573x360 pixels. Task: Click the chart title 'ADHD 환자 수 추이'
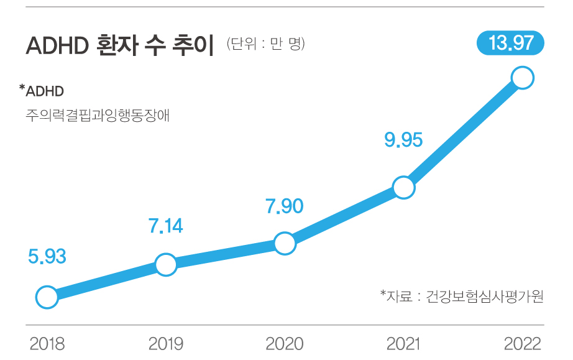pyautogui.click(x=120, y=47)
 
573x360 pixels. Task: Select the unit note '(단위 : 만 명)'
pyautogui.click(x=265, y=44)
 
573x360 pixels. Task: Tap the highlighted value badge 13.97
pyautogui.click(x=510, y=44)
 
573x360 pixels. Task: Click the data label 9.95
pyautogui.click(x=403, y=140)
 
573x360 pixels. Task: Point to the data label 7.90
pyautogui.click(x=284, y=206)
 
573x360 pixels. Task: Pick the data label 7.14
pyautogui.click(x=165, y=226)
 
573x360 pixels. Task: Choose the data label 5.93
pyautogui.click(x=47, y=256)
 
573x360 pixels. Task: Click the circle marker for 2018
pyautogui.click(x=47, y=297)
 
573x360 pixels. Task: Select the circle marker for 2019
pyautogui.click(x=165, y=264)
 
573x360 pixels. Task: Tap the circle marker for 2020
pyautogui.click(x=284, y=244)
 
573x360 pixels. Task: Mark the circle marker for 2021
pyautogui.click(x=403, y=187)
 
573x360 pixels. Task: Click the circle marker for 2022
pyautogui.click(x=522, y=78)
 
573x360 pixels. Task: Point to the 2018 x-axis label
pyautogui.click(x=47, y=344)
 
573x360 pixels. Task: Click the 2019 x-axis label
pyautogui.click(x=166, y=344)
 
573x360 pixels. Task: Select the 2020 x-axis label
pyautogui.click(x=285, y=344)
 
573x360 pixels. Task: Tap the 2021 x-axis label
pyautogui.click(x=403, y=344)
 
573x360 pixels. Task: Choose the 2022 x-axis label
pyautogui.click(x=522, y=344)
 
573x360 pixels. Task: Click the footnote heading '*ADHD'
pyautogui.click(x=42, y=91)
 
